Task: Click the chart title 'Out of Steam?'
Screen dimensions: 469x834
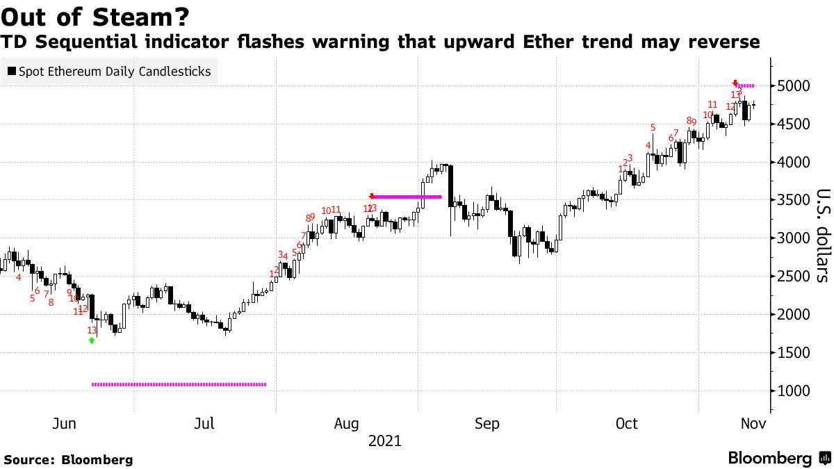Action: coord(97,15)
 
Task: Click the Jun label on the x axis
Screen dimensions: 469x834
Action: coord(64,424)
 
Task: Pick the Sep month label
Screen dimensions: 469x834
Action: coord(486,424)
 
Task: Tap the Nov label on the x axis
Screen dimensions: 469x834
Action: coord(753,424)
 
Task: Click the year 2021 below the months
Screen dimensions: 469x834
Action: coord(385,441)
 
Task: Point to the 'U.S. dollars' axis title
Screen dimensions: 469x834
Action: coord(821,236)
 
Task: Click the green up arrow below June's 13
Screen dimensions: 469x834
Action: coord(92,340)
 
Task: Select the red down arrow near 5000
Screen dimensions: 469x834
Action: coord(735,83)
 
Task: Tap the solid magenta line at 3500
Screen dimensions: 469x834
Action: coord(407,197)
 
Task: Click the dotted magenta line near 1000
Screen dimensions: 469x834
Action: coord(179,384)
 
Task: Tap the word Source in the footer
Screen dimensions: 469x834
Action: coord(30,460)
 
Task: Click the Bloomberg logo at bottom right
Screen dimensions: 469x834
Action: coord(778,459)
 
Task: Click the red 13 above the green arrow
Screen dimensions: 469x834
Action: coord(92,330)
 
